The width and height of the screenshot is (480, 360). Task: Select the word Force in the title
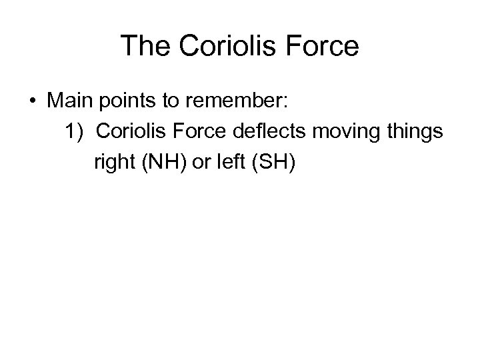pos(325,46)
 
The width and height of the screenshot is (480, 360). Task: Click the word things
pos(411,132)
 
